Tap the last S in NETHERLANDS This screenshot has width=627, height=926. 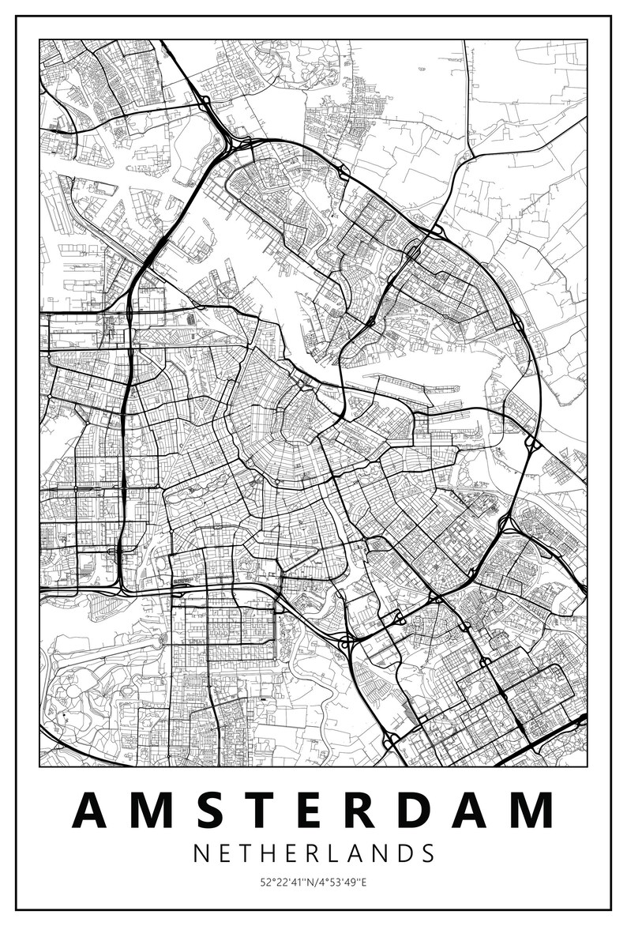click(x=427, y=853)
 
